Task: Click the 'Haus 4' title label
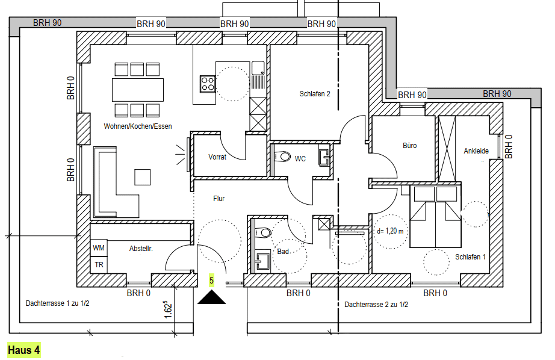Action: tap(23, 350)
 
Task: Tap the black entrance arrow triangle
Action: tap(211, 298)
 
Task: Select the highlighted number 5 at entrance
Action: tap(211, 281)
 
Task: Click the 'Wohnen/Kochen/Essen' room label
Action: tap(138, 126)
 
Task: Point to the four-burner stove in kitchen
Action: tap(208, 84)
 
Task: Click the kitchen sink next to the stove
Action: tap(258, 68)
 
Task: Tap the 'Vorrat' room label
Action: tap(217, 157)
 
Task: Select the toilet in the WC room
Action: tap(282, 156)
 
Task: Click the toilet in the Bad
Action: tap(262, 232)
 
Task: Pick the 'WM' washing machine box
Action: tap(99, 248)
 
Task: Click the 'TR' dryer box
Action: tap(99, 265)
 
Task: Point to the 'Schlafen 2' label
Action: tap(315, 94)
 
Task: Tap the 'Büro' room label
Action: tap(409, 146)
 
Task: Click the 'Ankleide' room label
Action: tap(476, 151)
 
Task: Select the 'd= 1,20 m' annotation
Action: tap(390, 231)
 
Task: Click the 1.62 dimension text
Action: tap(168, 310)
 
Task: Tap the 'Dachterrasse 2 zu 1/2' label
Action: tap(376, 305)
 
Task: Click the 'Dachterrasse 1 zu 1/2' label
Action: tap(57, 303)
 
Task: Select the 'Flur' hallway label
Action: tap(219, 199)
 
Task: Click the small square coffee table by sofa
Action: tap(142, 177)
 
